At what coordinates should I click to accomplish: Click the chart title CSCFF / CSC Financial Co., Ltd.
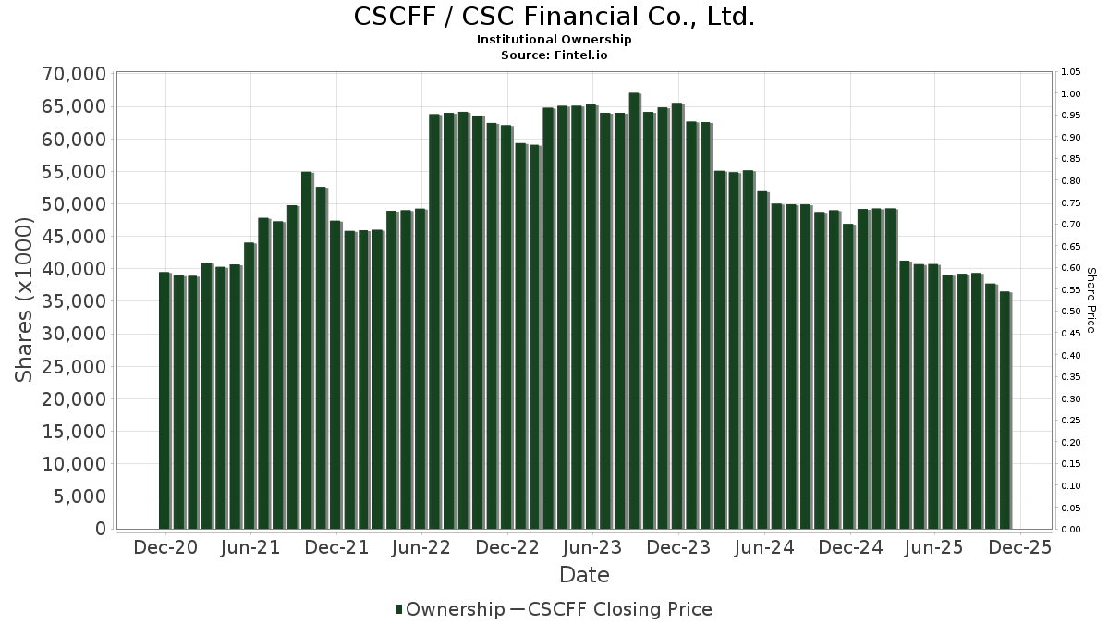[x=554, y=17]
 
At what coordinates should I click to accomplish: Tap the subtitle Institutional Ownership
[x=554, y=40]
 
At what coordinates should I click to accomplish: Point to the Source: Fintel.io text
[x=554, y=55]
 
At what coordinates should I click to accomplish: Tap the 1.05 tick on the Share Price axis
[x=1071, y=72]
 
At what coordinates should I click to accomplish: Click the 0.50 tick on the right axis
[x=1071, y=312]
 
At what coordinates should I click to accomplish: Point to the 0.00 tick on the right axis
[x=1071, y=530]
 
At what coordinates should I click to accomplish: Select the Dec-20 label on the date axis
[x=165, y=548]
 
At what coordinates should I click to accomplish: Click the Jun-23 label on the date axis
[x=592, y=548]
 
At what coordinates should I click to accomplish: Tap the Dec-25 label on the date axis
[x=1019, y=548]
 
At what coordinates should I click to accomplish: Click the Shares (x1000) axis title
[x=25, y=300]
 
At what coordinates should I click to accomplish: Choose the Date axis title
[x=584, y=575]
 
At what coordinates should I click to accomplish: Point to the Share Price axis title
[x=1091, y=300]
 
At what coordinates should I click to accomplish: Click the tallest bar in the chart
[x=634, y=311]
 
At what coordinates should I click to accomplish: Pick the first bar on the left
[x=165, y=400]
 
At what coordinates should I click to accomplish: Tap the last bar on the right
[x=1005, y=410]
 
